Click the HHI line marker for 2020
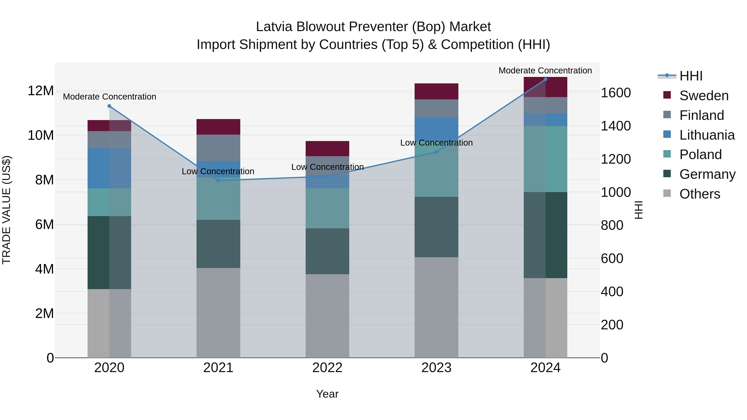point(109,106)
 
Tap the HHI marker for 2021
point(218,181)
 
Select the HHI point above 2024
point(546,79)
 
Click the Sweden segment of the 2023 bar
point(436,91)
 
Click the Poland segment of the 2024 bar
point(546,159)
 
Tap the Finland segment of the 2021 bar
point(218,148)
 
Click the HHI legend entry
point(691,76)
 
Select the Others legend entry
point(699,194)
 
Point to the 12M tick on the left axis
point(41,91)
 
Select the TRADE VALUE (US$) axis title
point(6,210)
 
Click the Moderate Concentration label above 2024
point(545,71)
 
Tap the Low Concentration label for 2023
point(436,143)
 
